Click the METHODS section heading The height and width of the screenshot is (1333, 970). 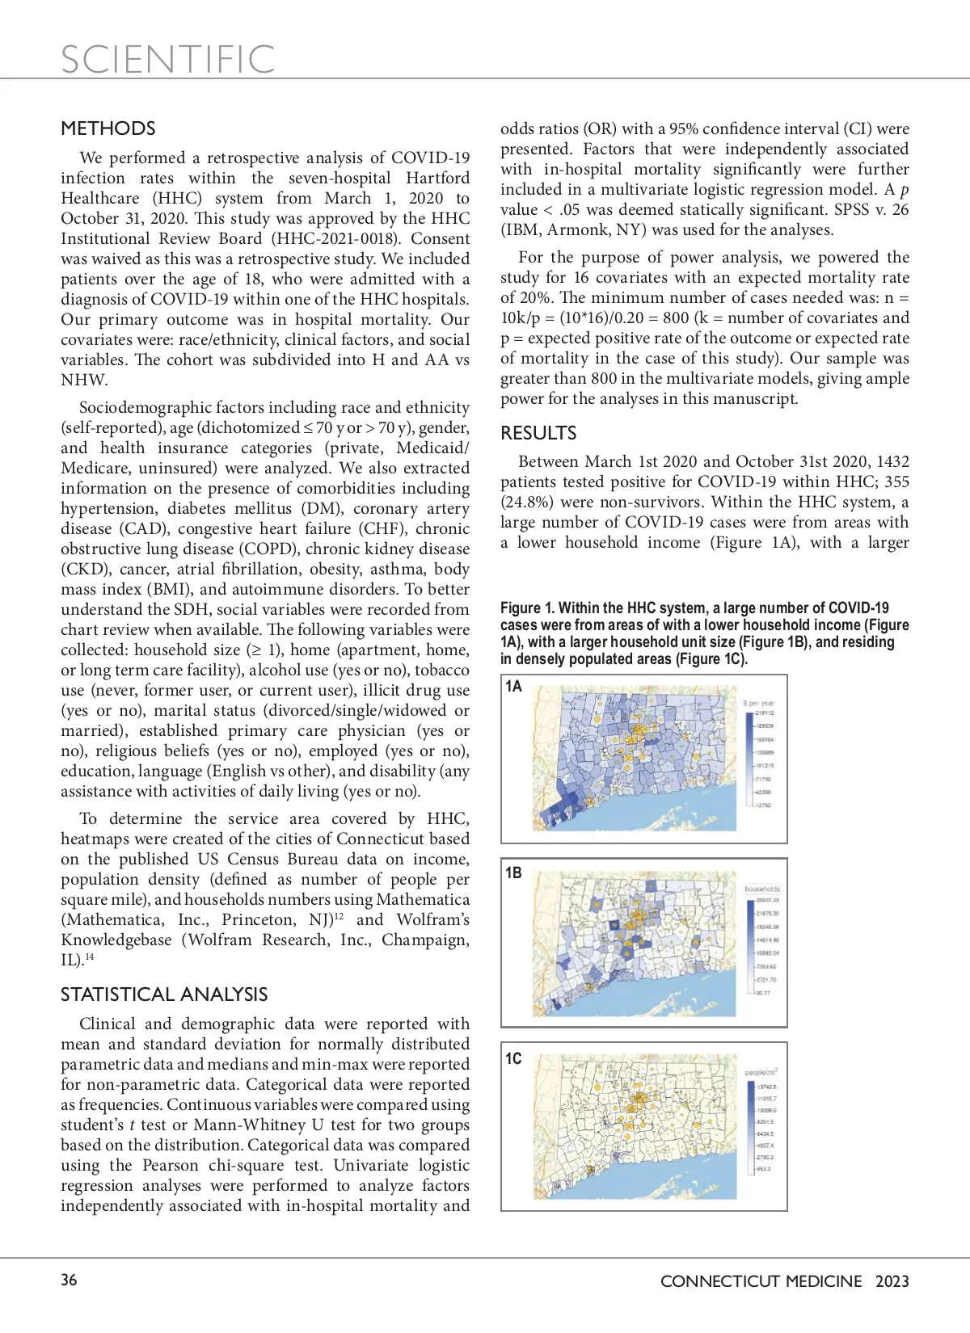point(108,128)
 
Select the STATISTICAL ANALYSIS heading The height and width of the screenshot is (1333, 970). point(164,994)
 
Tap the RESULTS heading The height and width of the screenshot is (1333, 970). point(538,433)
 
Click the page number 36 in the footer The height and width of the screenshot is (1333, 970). point(70,1280)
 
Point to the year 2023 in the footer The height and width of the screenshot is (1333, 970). point(892,1281)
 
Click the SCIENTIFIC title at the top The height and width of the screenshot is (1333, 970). point(168,60)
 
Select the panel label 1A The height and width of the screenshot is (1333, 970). point(513,687)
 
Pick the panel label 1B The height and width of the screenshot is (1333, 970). point(513,873)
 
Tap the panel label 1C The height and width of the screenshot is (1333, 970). point(513,1058)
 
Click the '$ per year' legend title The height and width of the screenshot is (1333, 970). point(758,703)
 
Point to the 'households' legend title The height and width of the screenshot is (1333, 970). point(762,889)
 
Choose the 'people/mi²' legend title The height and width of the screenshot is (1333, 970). point(761,1073)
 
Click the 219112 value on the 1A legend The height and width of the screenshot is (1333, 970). point(764,713)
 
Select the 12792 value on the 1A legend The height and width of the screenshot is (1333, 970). point(763,805)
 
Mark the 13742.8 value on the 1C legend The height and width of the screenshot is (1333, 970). point(765,1087)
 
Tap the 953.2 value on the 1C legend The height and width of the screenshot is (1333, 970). point(764,1168)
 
